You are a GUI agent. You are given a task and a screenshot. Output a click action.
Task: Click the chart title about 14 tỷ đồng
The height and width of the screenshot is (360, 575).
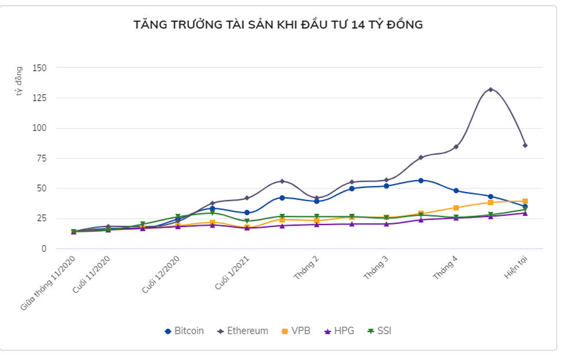(x=278, y=25)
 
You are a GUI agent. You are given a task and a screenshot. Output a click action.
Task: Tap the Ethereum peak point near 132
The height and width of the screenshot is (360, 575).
(x=490, y=89)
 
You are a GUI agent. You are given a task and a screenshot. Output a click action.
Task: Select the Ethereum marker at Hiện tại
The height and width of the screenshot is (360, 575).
(x=525, y=145)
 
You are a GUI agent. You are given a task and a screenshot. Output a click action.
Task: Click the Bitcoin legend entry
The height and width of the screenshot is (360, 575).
(x=184, y=331)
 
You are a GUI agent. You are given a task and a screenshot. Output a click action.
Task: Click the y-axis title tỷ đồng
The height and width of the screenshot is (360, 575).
(x=19, y=81)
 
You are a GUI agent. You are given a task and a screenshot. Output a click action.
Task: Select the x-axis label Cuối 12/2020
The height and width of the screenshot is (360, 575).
(x=162, y=274)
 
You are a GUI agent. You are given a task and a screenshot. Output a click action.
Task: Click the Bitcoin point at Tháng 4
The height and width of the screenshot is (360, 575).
(x=456, y=190)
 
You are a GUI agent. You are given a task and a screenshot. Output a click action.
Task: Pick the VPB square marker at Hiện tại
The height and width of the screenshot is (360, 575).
(x=525, y=201)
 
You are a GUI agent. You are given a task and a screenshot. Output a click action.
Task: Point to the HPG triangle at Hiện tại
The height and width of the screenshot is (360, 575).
(x=525, y=213)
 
